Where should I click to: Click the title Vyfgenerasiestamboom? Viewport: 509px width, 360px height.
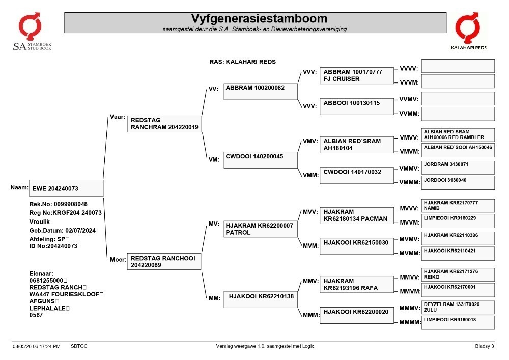click(259, 18)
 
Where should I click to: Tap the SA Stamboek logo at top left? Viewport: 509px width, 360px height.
click(32, 32)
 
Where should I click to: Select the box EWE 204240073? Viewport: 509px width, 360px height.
click(66, 188)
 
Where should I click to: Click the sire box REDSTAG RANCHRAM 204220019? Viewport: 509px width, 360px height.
click(164, 124)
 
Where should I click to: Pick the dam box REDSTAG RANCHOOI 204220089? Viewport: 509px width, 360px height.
click(164, 261)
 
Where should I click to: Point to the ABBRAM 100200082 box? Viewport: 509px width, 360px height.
click(260, 91)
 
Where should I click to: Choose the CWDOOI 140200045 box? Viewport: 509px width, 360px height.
click(260, 160)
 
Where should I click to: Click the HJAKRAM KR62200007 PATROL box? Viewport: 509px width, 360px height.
click(260, 229)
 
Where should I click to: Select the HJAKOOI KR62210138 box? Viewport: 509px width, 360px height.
click(260, 299)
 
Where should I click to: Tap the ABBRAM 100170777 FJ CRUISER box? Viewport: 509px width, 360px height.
click(357, 76)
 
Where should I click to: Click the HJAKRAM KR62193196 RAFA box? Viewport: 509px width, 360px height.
click(357, 284)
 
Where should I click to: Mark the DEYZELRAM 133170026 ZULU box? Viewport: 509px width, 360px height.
click(458, 307)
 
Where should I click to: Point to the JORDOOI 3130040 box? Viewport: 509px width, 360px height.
click(458, 183)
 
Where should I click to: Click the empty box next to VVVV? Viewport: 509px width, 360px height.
click(458, 66)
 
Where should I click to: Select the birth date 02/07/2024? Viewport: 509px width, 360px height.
click(80, 231)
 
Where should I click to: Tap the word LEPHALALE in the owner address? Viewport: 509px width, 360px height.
click(47, 308)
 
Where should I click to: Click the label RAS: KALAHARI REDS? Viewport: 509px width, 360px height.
click(242, 62)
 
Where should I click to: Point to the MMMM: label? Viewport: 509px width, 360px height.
click(410, 322)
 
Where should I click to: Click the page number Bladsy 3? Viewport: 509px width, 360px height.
click(485, 346)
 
